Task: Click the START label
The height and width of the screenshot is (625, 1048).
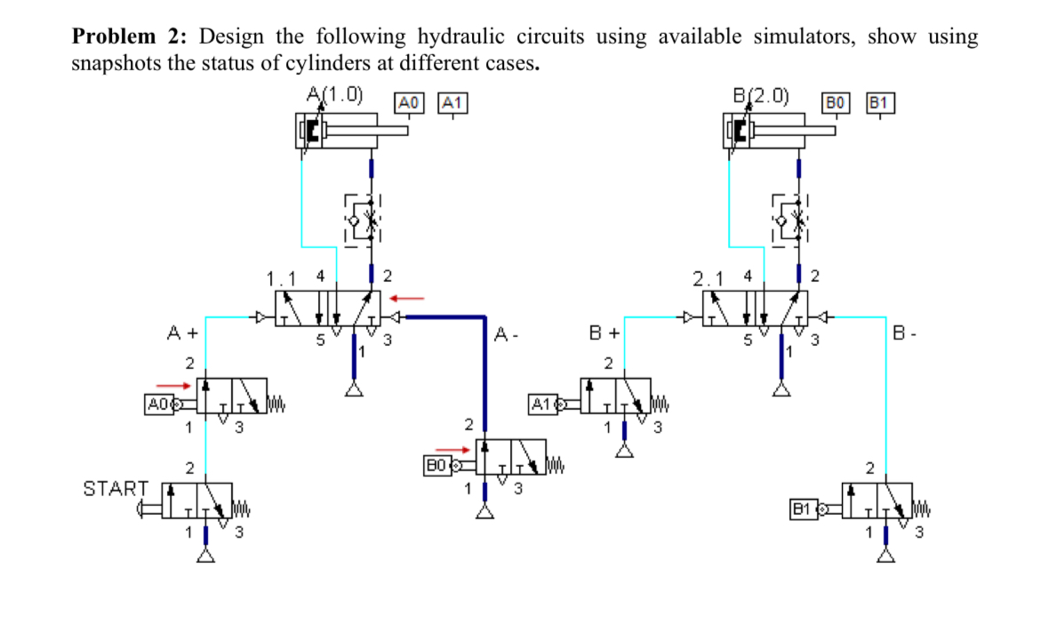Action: point(116,488)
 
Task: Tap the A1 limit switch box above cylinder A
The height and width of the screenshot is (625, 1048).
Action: point(452,102)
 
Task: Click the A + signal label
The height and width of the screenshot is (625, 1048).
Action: point(182,334)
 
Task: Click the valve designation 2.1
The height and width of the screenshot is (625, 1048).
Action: point(709,278)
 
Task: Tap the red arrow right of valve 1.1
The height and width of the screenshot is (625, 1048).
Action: point(409,297)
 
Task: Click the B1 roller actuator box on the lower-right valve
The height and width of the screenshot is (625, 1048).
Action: point(803,509)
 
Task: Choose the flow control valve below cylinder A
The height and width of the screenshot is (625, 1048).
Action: point(363,219)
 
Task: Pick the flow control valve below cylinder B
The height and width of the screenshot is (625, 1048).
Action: point(790,219)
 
